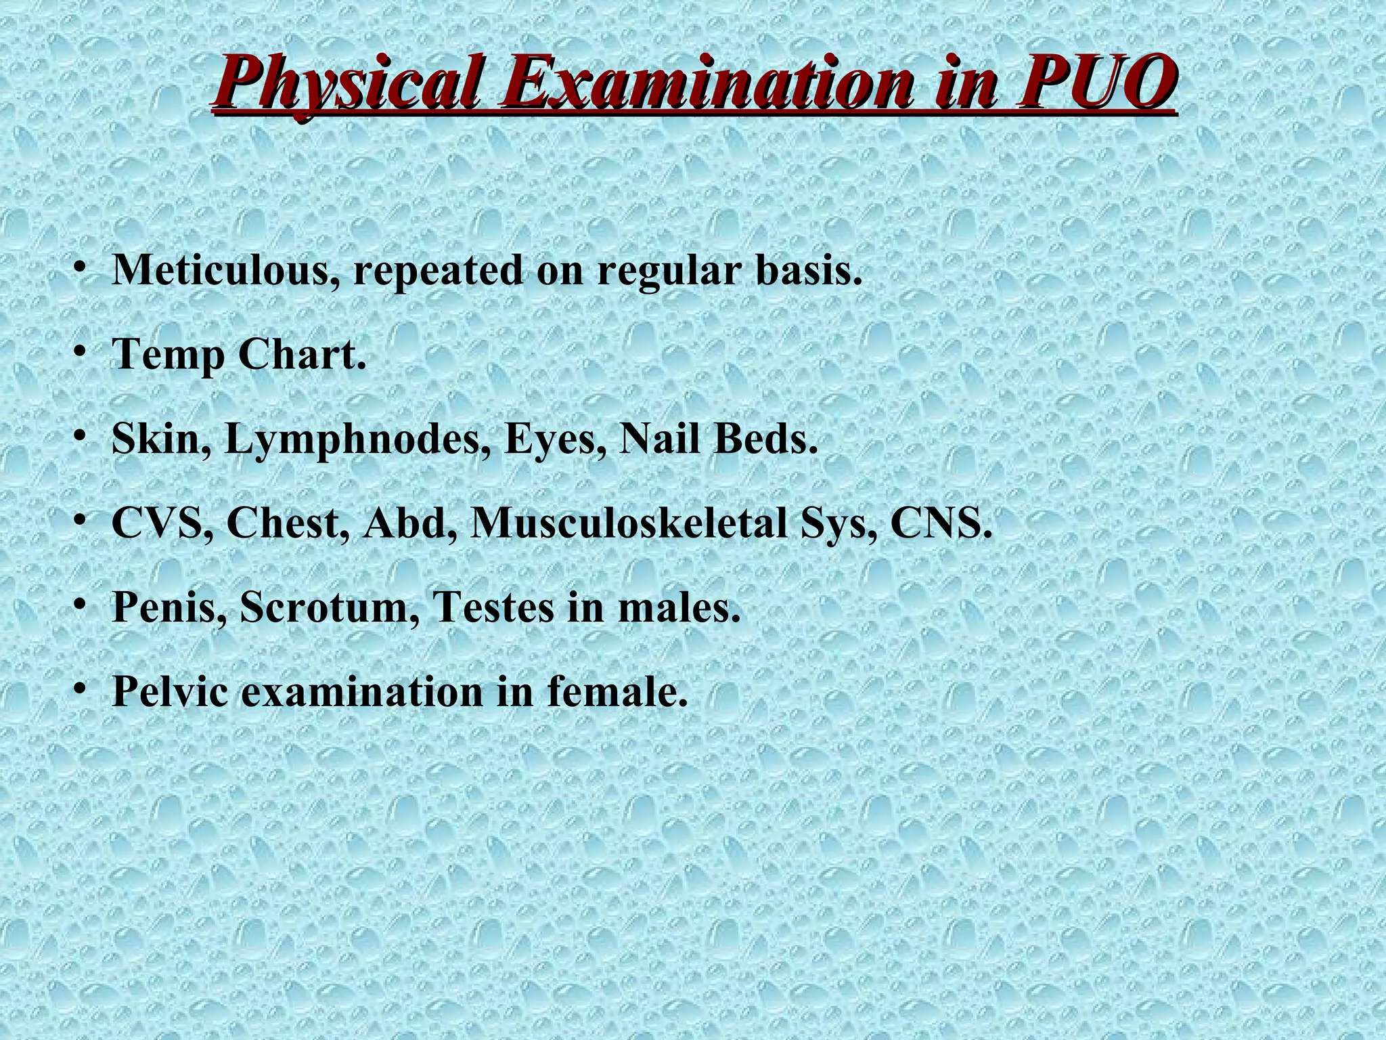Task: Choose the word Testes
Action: pyautogui.click(x=493, y=607)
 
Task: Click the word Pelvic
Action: pyautogui.click(x=170, y=691)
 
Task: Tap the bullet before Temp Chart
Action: pyautogui.click(x=80, y=352)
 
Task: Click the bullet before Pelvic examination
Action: pyautogui.click(x=80, y=689)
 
